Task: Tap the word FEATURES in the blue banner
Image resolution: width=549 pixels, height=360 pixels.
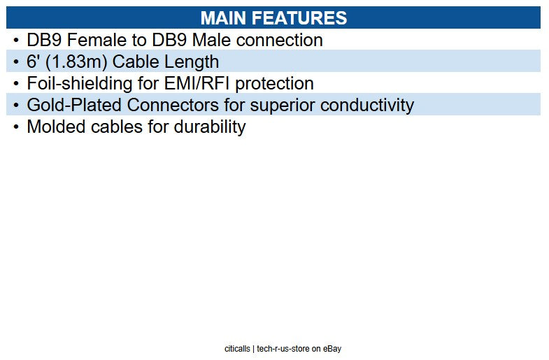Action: point(301,17)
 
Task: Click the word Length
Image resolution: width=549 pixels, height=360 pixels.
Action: point(192,62)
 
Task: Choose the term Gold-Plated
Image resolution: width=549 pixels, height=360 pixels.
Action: point(72,106)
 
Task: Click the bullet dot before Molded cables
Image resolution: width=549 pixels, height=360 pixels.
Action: point(15,127)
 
